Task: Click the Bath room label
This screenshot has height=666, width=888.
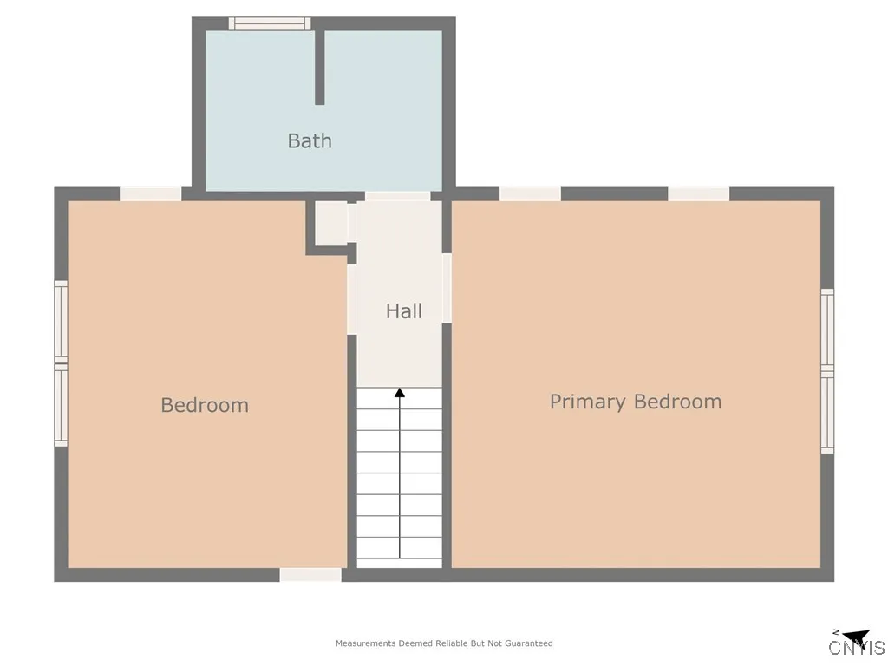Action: tap(310, 140)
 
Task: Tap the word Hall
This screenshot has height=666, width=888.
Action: tap(404, 310)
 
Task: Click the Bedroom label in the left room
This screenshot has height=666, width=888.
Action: tap(205, 405)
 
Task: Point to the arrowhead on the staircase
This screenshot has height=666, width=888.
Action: tap(400, 393)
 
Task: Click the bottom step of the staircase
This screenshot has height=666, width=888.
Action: tap(400, 558)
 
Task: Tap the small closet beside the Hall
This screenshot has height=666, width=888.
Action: tap(330, 224)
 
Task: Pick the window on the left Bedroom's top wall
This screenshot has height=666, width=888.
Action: tap(151, 194)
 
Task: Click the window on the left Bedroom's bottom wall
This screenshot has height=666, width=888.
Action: tap(310, 575)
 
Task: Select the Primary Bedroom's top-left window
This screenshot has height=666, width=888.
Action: tap(530, 194)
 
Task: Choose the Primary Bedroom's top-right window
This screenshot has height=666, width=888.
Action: tap(698, 194)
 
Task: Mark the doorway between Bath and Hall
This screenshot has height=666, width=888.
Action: tap(397, 196)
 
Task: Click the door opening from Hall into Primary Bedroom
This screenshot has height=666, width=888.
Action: tap(447, 288)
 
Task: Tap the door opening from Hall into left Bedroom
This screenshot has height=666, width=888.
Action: tap(352, 299)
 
